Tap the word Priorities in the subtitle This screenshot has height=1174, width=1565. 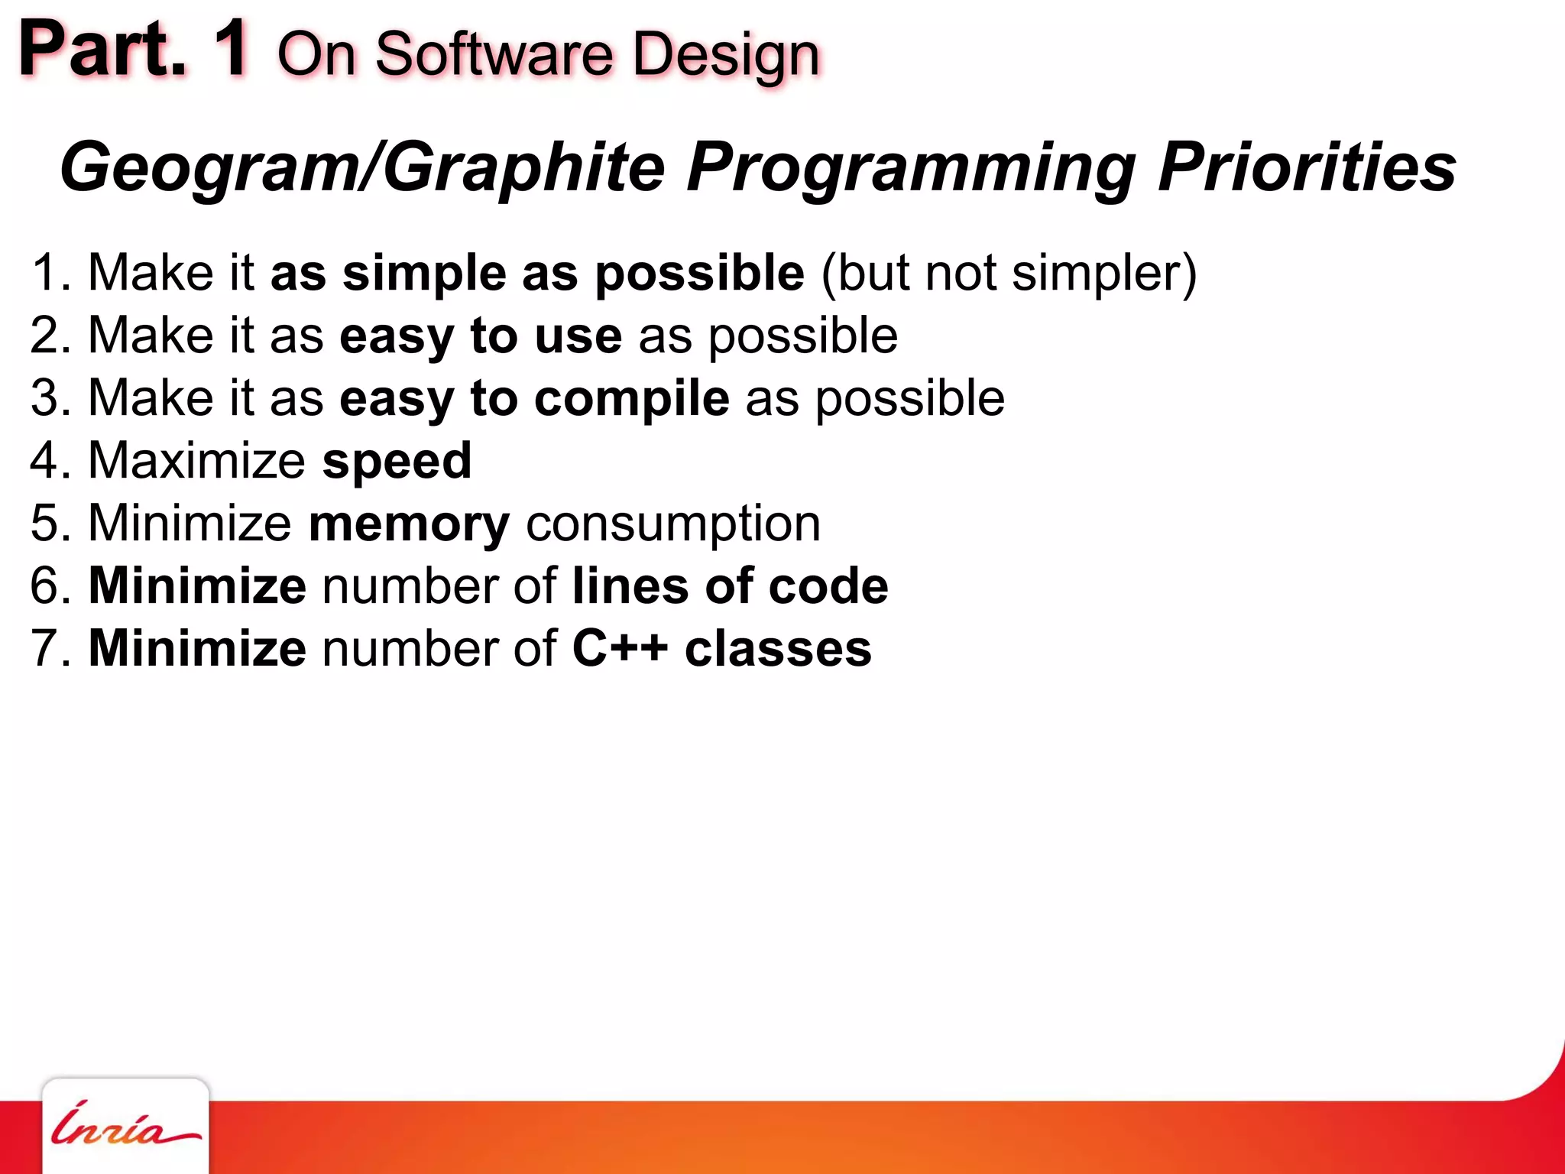click(x=1306, y=167)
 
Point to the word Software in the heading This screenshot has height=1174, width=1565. click(x=494, y=55)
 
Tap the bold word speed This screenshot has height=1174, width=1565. click(x=397, y=462)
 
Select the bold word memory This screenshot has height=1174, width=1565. click(x=409, y=525)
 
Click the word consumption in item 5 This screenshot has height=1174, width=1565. click(x=673, y=525)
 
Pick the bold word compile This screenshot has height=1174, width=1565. click(x=631, y=400)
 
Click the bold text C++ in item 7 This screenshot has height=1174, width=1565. click(x=620, y=649)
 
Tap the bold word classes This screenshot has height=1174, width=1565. click(x=778, y=649)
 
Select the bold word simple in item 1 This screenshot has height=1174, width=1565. click(x=424, y=274)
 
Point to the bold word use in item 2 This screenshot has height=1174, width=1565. click(x=578, y=337)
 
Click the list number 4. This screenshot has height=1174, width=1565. click(x=44, y=461)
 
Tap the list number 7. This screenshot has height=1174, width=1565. click(x=44, y=649)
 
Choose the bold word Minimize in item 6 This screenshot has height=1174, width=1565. click(x=198, y=586)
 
